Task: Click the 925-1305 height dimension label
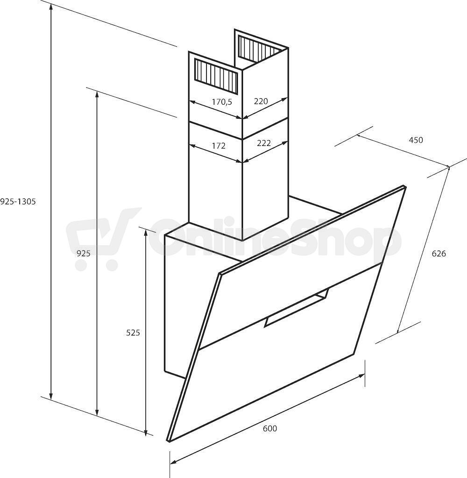[18, 202]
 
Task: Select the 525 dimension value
[133, 333]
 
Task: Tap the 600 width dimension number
[270, 428]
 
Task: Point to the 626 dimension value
[439, 253]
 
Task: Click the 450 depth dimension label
[416, 140]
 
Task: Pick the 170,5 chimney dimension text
[222, 102]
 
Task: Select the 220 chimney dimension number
[261, 101]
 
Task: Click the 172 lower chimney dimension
[219, 146]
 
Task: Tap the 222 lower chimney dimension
[264, 143]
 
